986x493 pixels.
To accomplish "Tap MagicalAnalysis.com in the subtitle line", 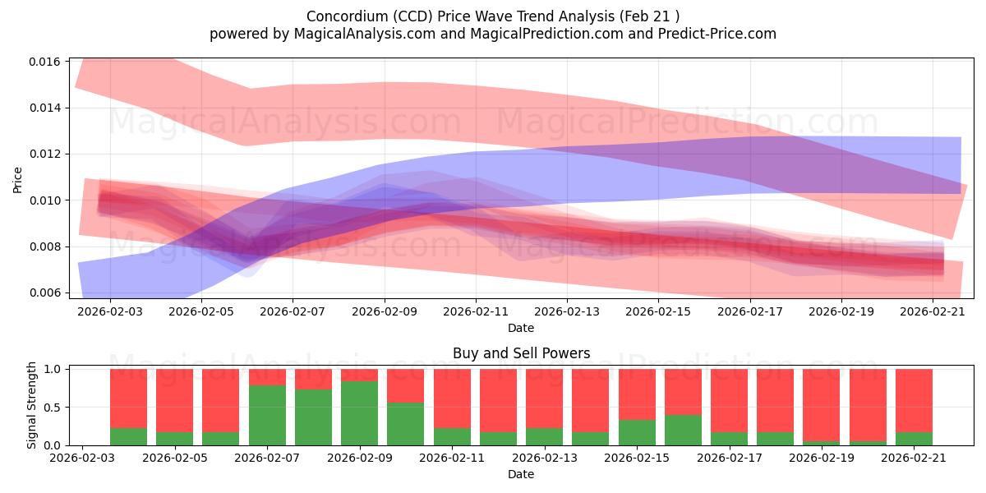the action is click(x=365, y=34).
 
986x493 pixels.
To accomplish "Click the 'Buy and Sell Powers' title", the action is click(x=521, y=353).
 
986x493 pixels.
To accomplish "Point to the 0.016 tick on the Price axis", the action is click(x=45, y=62).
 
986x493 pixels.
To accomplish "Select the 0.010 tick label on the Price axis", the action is click(x=45, y=200).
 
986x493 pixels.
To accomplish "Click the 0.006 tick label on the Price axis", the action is click(x=45, y=293).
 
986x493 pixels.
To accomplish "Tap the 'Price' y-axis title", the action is click(x=17, y=180).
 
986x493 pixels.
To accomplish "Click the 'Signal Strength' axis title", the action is click(x=31, y=405).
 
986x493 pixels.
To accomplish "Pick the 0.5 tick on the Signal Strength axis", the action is click(x=53, y=408).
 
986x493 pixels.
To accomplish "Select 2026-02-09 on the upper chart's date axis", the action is click(x=385, y=311).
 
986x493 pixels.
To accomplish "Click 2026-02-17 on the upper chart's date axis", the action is click(x=750, y=311).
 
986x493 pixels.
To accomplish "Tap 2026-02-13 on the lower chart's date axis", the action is click(x=545, y=458).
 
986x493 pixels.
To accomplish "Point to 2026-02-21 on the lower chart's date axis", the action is click(x=914, y=458).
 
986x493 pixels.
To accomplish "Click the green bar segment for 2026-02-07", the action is click(x=267, y=416).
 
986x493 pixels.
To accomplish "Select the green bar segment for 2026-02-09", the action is click(x=360, y=413).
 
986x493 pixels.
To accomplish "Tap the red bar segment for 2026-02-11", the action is click(x=452, y=399).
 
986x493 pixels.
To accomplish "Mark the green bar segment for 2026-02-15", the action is click(x=637, y=433).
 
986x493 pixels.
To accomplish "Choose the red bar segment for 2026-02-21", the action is click(x=914, y=401).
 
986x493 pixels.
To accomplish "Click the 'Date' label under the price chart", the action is click(x=521, y=328).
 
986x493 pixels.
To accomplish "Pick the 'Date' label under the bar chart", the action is click(x=521, y=474).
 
